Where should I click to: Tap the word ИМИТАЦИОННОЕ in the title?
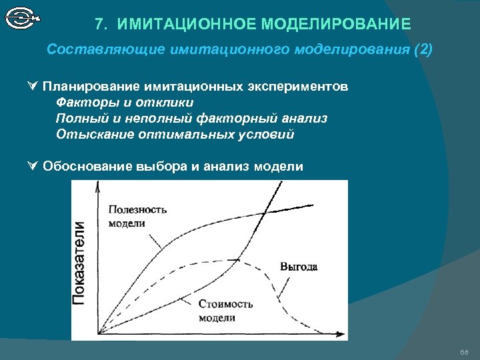pos(187,25)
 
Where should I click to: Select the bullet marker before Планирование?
pos(33,87)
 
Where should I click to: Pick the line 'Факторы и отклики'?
pos(125,103)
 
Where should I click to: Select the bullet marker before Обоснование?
pos(33,166)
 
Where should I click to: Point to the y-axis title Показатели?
pos(80,263)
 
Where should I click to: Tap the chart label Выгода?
pos(299,266)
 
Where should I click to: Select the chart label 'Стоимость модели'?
pos(225,311)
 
